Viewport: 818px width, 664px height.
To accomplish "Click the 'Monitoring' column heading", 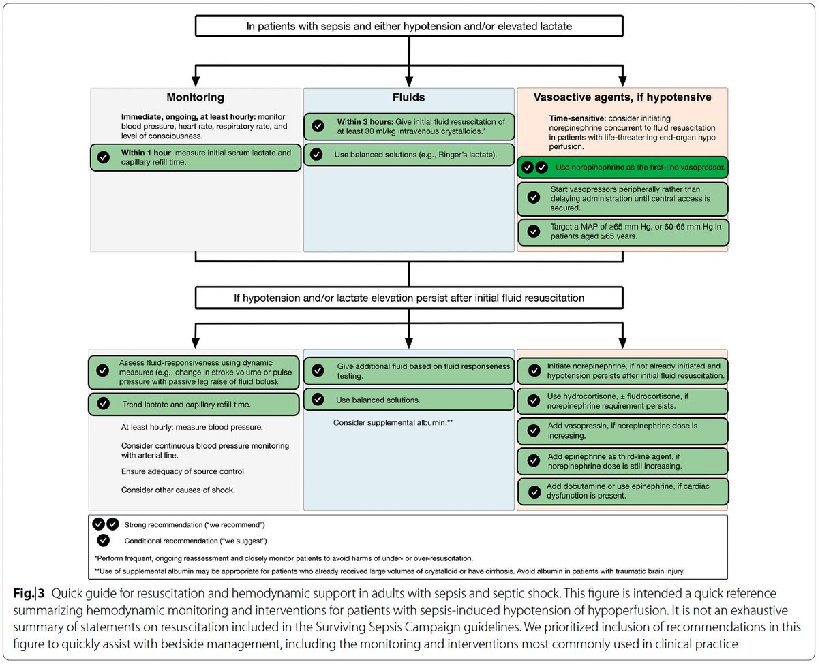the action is [x=195, y=97].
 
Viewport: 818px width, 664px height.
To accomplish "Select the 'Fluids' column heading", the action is [x=408, y=97].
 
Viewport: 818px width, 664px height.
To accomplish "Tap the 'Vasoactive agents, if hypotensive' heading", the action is [x=622, y=97].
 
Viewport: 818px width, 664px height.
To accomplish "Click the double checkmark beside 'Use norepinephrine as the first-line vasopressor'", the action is [x=534, y=168].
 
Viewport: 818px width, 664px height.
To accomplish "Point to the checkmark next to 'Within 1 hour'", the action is [x=104, y=157].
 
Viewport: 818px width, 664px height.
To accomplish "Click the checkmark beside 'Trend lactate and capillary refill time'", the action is [x=104, y=404].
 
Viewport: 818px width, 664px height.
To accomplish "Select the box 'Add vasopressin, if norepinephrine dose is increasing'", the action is [x=622, y=431].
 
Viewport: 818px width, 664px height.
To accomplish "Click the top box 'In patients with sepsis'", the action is [x=409, y=26].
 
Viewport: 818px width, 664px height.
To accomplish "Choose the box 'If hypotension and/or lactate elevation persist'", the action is [x=409, y=298].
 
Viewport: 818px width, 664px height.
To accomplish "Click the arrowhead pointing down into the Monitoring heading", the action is [x=196, y=81].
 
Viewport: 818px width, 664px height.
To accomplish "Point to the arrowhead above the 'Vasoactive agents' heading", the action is [x=622, y=81].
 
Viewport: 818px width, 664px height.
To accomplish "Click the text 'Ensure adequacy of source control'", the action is [x=183, y=471].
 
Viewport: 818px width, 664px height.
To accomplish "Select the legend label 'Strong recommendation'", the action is [x=194, y=525].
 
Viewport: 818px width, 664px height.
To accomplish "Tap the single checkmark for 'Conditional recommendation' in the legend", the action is [x=104, y=541].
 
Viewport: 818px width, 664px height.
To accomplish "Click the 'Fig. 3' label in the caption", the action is [x=29, y=593].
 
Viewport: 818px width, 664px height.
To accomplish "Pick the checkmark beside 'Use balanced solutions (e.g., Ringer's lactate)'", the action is [x=316, y=154].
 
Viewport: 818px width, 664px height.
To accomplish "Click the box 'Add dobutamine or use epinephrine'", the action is [x=623, y=492].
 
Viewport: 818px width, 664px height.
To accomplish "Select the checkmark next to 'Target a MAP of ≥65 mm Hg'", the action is [x=534, y=232].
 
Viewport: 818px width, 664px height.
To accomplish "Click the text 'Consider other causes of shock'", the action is [x=178, y=490].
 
